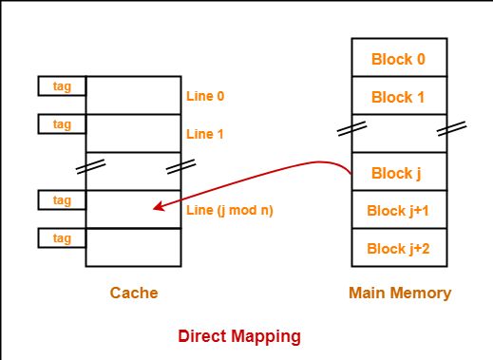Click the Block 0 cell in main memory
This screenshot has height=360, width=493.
pos(398,59)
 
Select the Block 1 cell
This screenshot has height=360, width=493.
pos(398,97)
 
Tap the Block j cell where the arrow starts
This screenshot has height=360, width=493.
pos(398,173)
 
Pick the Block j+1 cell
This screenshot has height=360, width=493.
pos(398,210)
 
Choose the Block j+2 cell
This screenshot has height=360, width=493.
pos(398,248)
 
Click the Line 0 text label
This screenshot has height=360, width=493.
pos(206,96)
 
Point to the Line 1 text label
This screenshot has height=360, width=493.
pos(206,134)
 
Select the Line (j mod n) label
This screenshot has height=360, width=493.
pos(230,210)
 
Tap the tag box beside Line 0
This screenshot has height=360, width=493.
pos(62,86)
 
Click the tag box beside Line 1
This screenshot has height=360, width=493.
pos(62,124)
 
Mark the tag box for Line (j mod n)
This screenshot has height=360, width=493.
pos(62,200)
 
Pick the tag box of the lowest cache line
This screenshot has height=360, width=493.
pos(62,238)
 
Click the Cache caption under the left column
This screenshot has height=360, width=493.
pos(133,294)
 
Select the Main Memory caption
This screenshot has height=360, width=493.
pos(400,294)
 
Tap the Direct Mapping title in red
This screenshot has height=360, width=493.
pos(239,335)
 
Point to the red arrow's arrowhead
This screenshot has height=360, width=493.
pos(157,206)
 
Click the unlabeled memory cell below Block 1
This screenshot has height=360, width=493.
pos(398,134)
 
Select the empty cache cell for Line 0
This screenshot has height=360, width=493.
pos(133,96)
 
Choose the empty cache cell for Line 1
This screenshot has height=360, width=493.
pos(133,134)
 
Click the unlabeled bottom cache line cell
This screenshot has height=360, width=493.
pos(133,247)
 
